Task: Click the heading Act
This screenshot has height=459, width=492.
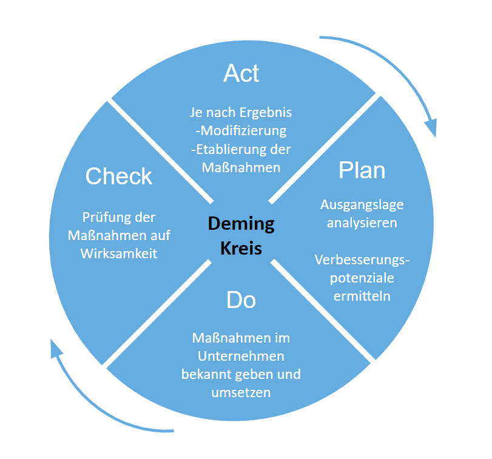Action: (x=241, y=73)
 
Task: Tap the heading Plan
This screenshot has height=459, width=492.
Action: (x=362, y=170)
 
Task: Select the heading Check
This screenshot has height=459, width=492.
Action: (x=119, y=176)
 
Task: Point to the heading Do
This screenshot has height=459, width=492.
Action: (x=241, y=300)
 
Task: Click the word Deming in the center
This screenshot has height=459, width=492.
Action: (x=241, y=224)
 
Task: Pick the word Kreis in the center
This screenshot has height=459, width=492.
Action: (x=241, y=248)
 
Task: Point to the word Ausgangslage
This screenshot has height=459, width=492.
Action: (x=362, y=204)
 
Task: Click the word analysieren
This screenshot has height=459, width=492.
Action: (x=362, y=223)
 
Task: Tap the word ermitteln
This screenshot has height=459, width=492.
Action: (x=362, y=296)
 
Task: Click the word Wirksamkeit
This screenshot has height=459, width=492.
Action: (x=119, y=253)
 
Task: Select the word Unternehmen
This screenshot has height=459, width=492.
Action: (x=241, y=356)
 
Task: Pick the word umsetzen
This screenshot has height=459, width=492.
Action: (x=241, y=392)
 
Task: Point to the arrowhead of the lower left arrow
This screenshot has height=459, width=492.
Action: (x=56, y=348)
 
